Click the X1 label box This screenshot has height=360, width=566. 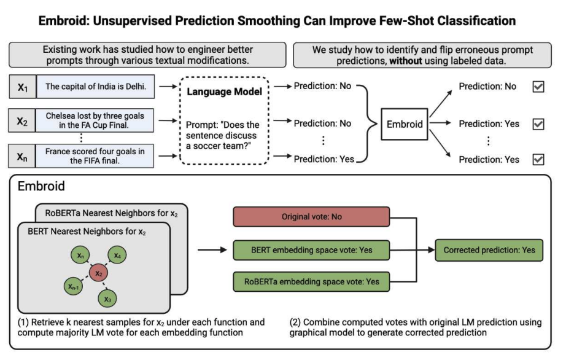(23, 87)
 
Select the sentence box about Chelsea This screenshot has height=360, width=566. (95, 120)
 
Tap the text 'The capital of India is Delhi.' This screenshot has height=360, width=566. (96, 87)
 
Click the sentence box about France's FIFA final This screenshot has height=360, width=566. (95, 156)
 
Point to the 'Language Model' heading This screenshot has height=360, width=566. (224, 92)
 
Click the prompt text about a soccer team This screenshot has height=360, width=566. (222, 135)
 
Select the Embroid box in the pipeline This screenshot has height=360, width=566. (405, 124)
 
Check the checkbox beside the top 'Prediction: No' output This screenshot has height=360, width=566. (538, 87)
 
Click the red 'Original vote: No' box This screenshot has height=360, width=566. (311, 217)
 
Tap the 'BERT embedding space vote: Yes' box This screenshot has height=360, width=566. (311, 250)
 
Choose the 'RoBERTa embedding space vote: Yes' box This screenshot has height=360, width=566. (311, 281)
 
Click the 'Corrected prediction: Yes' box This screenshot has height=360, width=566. (489, 250)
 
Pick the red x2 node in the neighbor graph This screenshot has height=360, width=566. (99, 273)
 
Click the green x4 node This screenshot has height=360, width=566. (117, 256)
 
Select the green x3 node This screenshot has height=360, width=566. (107, 299)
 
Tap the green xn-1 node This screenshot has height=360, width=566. (74, 287)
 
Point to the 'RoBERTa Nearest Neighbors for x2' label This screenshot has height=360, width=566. (111, 213)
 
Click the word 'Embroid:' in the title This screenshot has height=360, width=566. (63, 21)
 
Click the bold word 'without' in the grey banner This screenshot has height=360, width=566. (405, 61)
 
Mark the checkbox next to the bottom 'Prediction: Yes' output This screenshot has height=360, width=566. (538, 159)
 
